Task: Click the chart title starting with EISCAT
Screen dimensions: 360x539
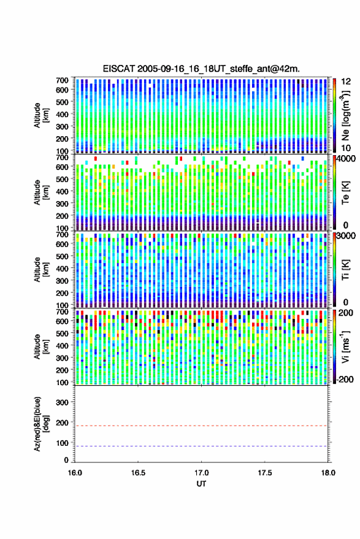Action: tap(201, 69)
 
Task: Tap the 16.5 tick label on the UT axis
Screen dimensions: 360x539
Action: tap(138, 473)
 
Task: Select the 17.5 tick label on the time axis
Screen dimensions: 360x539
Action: tap(264, 473)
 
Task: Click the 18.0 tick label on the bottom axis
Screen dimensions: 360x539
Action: tap(328, 473)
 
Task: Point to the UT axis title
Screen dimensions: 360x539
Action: tap(201, 484)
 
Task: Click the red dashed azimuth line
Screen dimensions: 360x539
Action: tap(201, 426)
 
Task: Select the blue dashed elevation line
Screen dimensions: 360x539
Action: tap(201, 446)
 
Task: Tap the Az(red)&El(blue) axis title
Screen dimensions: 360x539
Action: tap(41, 424)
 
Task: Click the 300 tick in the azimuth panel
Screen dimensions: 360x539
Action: tap(62, 402)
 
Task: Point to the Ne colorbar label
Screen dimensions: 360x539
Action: tap(345, 115)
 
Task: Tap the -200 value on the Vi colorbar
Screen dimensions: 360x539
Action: tap(345, 379)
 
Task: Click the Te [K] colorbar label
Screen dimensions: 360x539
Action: tap(345, 193)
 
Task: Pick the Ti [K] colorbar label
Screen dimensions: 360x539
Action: tap(345, 270)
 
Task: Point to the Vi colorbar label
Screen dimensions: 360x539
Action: tap(345, 346)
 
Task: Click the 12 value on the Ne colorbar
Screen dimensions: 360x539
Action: tap(347, 82)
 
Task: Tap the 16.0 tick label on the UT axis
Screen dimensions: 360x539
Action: tap(75, 473)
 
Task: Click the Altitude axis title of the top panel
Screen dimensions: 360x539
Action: tap(41, 115)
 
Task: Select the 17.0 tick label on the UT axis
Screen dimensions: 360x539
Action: tap(201, 473)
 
